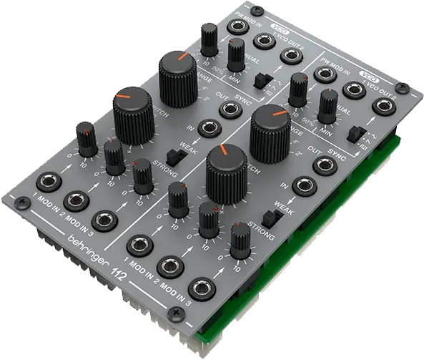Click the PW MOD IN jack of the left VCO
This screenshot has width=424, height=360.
[234, 26]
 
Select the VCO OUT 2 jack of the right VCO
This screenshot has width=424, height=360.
[383, 106]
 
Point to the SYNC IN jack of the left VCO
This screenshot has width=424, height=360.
[207, 128]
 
